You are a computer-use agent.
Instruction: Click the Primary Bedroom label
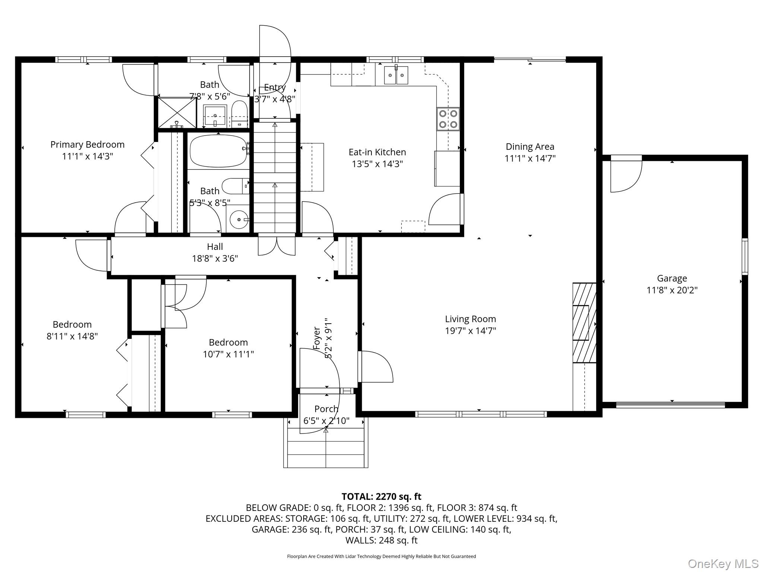point(88,144)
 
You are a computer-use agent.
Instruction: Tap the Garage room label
point(672,279)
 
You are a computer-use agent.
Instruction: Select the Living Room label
point(471,319)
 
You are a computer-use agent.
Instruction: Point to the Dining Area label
point(530,147)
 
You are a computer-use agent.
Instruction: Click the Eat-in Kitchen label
point(377,152)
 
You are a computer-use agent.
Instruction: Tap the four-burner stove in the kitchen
point(448,119)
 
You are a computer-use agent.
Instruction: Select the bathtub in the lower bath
point(219,151)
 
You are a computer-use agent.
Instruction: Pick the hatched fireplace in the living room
point(585,323)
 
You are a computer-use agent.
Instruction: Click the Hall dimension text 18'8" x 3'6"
point(215,258)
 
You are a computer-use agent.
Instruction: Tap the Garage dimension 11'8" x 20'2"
point(672,290)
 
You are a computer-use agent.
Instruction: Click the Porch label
point(326,409)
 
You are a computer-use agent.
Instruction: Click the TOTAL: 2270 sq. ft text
point(381,496)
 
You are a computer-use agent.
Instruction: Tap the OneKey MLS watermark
point(723,563)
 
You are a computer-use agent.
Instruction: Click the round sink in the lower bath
point(239,220)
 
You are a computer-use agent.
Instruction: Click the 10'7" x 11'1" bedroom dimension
point(228,354)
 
